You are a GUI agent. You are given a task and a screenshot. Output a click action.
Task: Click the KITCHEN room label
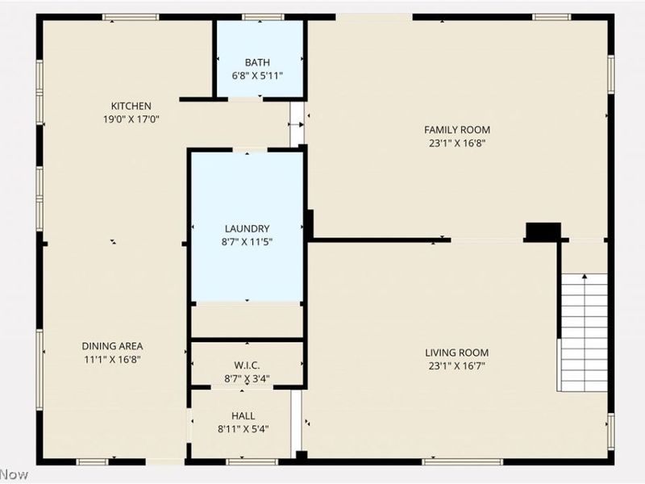click(131, 106)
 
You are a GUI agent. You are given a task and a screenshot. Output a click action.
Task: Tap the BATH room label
click(257, 62)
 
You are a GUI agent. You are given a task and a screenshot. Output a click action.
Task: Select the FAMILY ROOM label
click(457, 130)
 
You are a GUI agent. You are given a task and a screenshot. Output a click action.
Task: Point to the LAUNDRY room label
click(247, 228)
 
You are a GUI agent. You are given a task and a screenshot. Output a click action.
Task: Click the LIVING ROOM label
click(457, 353)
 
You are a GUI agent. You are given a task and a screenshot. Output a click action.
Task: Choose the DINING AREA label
click(112, 346)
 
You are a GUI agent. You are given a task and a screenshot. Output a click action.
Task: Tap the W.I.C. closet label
click(247, 365)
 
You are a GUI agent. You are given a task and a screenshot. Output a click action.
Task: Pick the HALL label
click(243, 415)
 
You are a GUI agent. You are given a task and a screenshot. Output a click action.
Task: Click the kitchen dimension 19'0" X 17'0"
click(131, 119)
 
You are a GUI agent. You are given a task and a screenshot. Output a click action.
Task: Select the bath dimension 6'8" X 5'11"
click(257, 76)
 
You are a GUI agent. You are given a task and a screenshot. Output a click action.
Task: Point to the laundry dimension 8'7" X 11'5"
click(247, 241)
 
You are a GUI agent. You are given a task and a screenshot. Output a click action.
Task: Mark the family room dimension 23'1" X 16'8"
click(457, 144)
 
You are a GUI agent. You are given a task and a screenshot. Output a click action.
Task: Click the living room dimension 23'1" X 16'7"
click(457, 365)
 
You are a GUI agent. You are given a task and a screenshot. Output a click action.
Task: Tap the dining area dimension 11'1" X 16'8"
click(112, 360)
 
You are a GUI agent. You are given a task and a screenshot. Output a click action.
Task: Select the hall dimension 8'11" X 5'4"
click(243, 429)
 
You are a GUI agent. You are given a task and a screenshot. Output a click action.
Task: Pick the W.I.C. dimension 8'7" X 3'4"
click(247, 378)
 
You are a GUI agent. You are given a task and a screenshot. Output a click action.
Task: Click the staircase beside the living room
click(584, 332)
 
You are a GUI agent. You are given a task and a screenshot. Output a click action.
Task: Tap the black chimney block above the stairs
click(543, 232)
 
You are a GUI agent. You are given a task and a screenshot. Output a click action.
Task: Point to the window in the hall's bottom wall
click(240, 461)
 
